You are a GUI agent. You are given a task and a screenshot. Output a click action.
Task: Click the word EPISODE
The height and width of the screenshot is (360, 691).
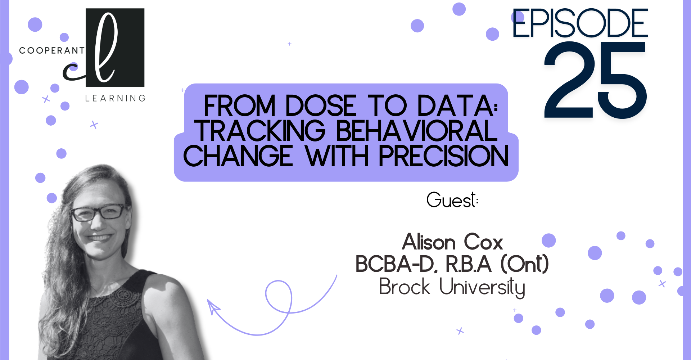pos(580,23)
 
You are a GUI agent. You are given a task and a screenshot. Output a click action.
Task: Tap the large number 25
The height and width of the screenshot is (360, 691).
pos(596,80)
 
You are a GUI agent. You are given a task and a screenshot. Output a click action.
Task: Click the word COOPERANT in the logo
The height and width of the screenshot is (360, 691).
pos(51,50)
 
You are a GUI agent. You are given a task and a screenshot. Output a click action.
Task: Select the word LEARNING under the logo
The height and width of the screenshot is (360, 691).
pos(115,98)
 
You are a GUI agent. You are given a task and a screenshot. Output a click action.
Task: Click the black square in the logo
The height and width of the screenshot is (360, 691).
pos(115,48)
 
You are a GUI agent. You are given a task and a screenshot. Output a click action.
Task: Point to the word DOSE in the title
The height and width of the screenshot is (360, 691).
pos(321,106)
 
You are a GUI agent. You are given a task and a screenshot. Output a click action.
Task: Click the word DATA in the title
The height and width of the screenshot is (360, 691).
pos(457,106)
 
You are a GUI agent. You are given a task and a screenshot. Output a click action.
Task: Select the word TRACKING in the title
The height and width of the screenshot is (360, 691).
pos(260,131)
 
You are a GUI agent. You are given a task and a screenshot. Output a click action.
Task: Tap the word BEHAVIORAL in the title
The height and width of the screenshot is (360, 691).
pos(417,131)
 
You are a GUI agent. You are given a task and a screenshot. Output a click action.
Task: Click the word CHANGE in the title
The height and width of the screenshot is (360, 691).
pos(238,156)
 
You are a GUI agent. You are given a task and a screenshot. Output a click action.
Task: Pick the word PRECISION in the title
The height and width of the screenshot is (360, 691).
pos(444,156)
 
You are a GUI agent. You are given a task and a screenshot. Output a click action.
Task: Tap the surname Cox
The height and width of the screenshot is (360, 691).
pos(483,242)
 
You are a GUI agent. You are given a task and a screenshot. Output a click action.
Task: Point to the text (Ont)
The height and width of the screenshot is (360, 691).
pos(525,264)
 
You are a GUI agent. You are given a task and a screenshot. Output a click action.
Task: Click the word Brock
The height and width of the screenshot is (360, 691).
pos(405,287)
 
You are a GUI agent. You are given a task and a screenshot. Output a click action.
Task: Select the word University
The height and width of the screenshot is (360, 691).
pos(482,288)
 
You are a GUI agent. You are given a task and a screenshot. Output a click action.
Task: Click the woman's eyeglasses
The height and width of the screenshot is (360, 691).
pos(98,212)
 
